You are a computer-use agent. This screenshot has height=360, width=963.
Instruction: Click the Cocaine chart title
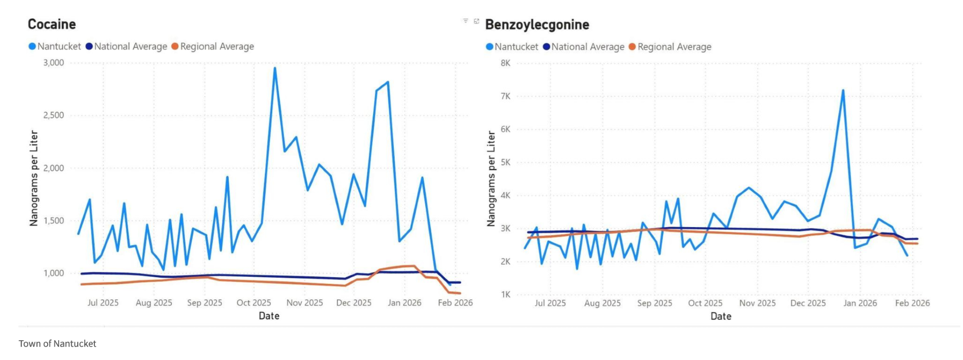52,24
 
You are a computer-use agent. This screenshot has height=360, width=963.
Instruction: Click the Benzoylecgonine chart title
537,25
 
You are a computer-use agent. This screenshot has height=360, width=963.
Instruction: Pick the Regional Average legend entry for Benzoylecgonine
674,47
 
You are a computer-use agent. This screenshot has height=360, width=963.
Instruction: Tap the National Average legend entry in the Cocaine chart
130,46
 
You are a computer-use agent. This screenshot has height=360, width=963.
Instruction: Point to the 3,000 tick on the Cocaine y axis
53,63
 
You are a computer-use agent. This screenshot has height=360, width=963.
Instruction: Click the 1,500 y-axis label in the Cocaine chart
53,220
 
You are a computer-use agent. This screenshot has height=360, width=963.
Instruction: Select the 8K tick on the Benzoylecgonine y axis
505,63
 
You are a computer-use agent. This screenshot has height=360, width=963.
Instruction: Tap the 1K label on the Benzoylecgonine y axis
505,295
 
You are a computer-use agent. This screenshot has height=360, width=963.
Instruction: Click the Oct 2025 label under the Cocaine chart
254,303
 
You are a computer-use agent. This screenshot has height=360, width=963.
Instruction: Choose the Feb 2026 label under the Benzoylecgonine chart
912,303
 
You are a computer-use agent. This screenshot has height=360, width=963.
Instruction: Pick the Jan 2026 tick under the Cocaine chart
404,303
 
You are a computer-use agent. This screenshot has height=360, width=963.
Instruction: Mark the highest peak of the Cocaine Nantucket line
275,68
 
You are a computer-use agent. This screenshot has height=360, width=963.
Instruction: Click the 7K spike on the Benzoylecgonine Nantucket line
843,90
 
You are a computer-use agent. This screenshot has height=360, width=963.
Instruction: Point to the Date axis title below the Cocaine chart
269,316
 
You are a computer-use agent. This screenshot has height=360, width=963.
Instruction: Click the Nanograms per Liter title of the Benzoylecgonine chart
491,179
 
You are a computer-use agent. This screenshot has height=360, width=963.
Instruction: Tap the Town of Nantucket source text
57,344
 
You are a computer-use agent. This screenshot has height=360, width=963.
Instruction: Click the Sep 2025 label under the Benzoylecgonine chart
654,303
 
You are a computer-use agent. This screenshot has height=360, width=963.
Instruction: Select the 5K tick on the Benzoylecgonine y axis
505,162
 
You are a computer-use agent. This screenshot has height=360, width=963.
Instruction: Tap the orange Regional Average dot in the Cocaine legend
175,46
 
